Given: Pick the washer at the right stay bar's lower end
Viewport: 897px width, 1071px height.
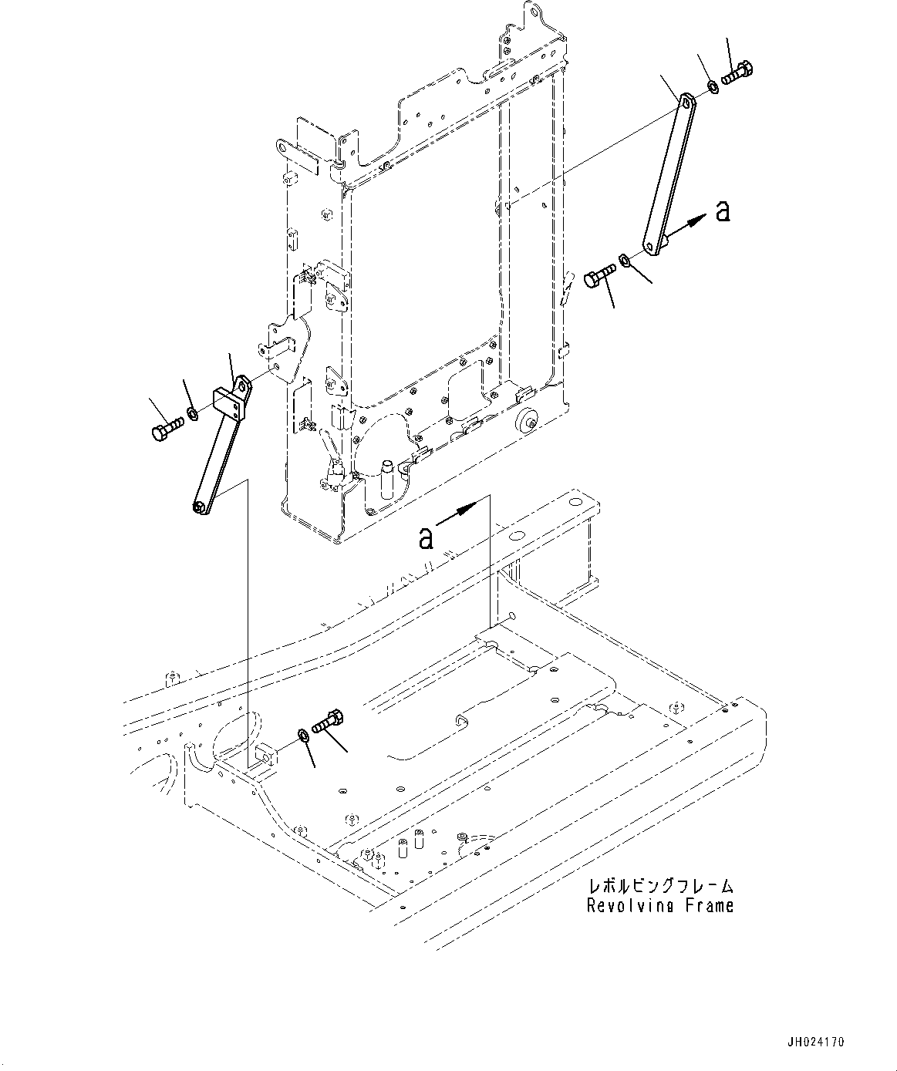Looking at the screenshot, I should click(x=626, y=261).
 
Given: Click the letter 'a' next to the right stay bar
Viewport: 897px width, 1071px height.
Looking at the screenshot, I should click(x=722, y=210).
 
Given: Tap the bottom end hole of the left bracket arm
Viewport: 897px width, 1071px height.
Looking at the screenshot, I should click(x=199, y=507).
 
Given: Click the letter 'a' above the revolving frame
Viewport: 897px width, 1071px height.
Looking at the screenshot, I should click(x=426, y=537).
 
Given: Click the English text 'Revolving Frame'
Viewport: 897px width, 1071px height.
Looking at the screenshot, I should click(x=659, y=905).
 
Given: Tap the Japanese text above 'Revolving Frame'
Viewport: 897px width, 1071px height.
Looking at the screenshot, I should click(x=659, y=886).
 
